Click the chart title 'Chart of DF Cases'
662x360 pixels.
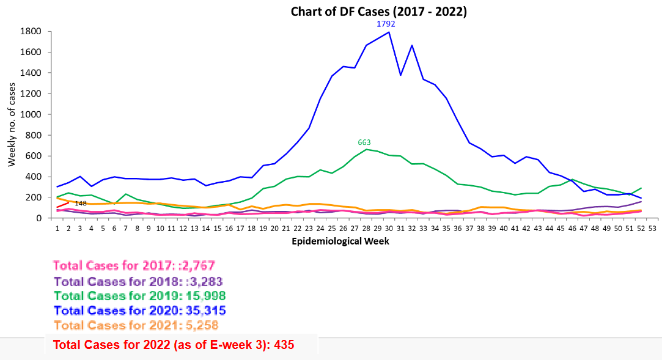point(378,12)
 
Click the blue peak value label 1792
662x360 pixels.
point(386,24)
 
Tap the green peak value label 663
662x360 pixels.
point(364,142)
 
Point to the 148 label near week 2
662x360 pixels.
point(81,203)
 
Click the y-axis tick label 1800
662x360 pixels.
point(31,31)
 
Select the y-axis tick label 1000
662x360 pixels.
point(31,114)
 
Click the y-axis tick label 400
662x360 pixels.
point(34,177)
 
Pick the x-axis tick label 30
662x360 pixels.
point(389,228)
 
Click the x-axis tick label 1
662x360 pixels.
point(57,228)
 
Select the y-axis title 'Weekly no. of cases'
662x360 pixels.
point(12,125)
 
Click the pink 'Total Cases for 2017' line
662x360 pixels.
point(134,266)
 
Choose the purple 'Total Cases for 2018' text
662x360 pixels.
point(138,281)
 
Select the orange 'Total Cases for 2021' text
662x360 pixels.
point(136,325)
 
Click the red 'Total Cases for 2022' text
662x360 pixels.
point(174,345)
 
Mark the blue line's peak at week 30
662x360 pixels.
point(389,32)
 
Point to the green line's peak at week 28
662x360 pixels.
point(366,149)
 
